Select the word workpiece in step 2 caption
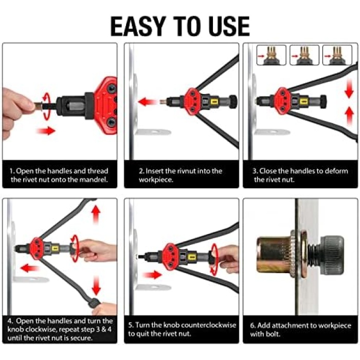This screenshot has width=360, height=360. coord(156,180)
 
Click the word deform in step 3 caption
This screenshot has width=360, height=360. coord(336,171)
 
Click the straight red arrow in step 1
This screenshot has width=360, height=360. coord(46,131)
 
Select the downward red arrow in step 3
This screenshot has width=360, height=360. coord(349,88)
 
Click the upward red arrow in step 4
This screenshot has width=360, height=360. coord(96,214)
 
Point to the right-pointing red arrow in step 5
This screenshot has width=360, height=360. coord(152,275)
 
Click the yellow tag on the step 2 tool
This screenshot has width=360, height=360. coord(214,101)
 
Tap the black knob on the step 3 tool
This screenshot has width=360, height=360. coord(323,101)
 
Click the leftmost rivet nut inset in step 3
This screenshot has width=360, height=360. coord(271,56)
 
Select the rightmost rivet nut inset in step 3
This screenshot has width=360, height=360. coord(337,56)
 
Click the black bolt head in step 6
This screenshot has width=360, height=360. coord(332,255)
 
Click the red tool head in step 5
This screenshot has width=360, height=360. coord(170,256)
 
